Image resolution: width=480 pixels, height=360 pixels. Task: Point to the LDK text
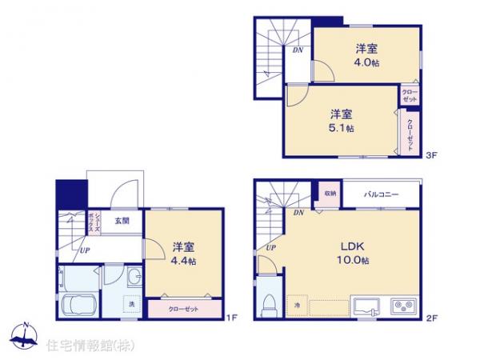(x=354, y=246)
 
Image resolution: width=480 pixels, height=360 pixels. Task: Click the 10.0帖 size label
(x=354, y=261)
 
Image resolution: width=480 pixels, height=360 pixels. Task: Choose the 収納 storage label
(x=330, y=194)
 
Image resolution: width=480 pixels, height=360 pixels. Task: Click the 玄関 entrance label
(x=121, y=220)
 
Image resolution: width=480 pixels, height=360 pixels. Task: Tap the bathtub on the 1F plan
(x=76, y=306)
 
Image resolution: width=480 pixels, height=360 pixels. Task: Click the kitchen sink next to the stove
(x=369, y=306)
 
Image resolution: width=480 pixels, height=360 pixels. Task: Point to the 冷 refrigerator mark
(x=295, y=304)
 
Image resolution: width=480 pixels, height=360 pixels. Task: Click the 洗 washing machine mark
(x=131, y=304)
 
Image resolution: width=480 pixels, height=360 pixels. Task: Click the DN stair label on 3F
(x=298, y=51)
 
